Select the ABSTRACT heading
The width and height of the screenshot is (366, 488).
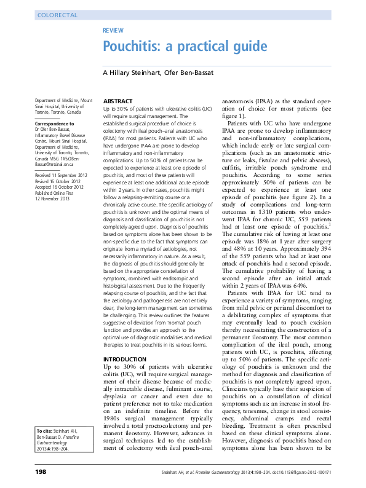coord(117,101)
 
